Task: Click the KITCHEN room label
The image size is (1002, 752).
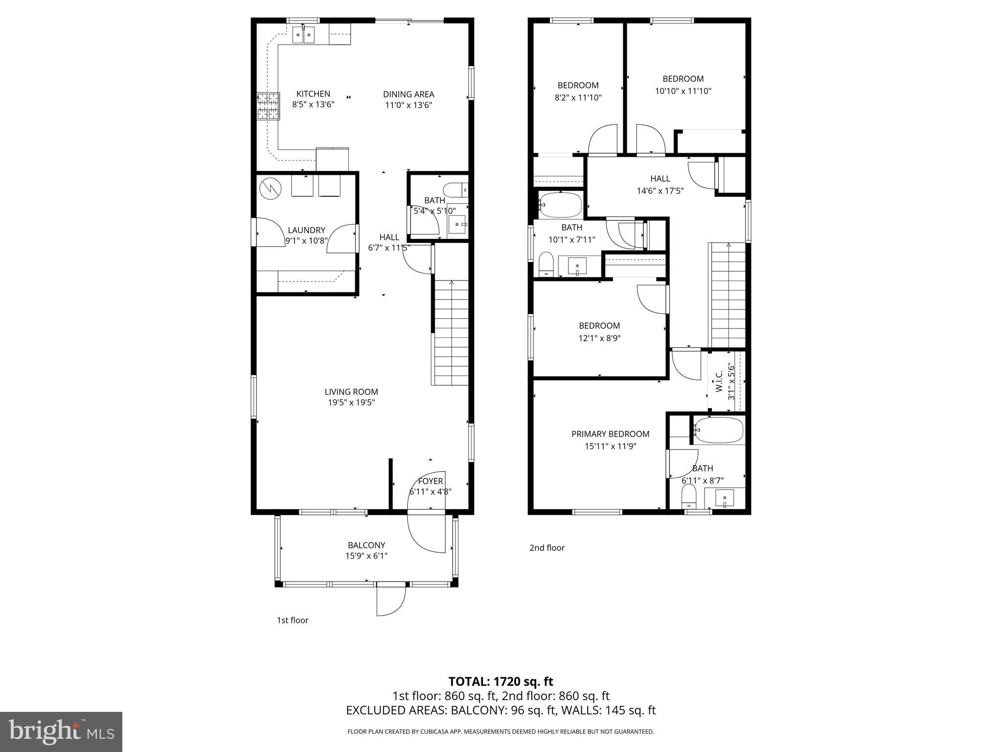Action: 313,94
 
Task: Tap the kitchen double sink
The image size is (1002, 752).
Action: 303,35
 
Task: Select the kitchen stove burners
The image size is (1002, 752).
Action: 268,106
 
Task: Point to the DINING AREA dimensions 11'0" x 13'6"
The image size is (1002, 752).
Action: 409,105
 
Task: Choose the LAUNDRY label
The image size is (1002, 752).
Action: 306,230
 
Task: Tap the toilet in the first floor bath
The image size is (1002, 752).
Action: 455,189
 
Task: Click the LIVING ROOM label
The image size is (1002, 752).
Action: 351,392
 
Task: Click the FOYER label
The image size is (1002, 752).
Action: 431,481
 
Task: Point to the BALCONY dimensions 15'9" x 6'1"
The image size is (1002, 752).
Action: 366,556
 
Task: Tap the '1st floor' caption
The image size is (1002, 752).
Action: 293,620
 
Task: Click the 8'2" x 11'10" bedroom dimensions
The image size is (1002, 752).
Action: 578,97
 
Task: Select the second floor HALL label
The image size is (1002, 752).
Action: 660,179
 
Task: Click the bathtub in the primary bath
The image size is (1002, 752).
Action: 718,430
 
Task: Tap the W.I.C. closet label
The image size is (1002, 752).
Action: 719,381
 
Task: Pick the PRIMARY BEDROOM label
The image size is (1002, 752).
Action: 610,434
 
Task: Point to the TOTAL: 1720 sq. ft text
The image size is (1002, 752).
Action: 501,681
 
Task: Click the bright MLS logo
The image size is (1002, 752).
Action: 61,731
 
